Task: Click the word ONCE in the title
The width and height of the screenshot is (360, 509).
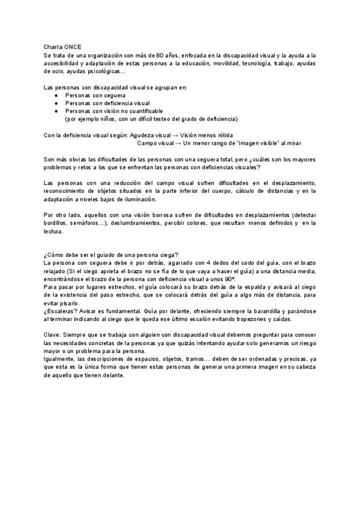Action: pyautogui.click(x=79, y=47)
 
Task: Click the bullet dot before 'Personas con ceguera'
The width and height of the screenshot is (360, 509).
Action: pyautogui.click(x=56, y=95)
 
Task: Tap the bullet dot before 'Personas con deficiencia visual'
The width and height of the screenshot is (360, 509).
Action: pyautogui.click(x=56, y=103)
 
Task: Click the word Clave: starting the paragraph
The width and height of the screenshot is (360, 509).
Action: pyautogui.click(x=55, y=335)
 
